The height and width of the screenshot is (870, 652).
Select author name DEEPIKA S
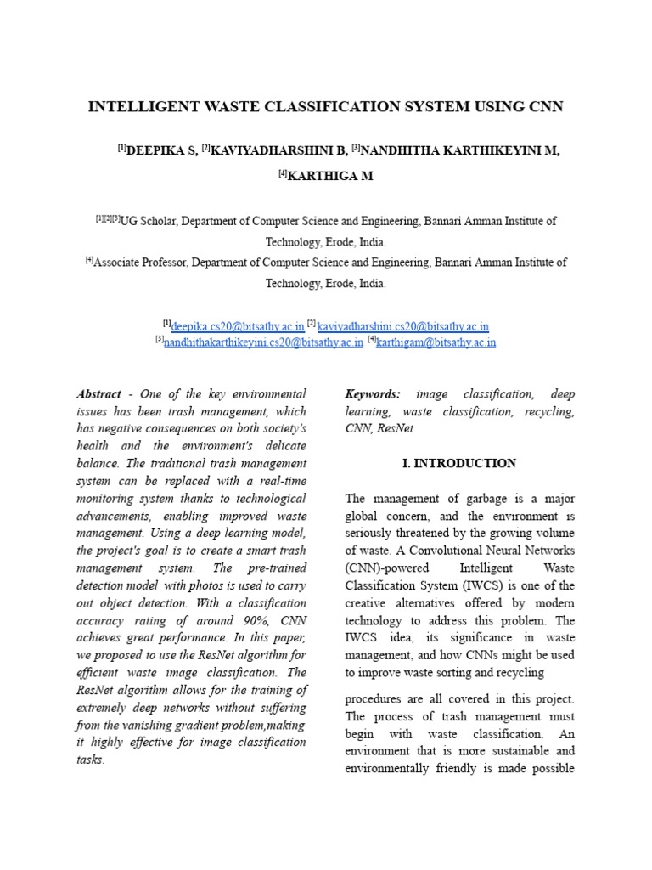tap(161, 150)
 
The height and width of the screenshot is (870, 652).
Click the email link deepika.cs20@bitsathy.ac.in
tap(238, 326)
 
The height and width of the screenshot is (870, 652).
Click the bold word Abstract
tap(98, 394)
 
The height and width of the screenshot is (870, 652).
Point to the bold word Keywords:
tap(372, 394)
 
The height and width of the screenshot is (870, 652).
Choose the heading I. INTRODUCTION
tap(458, 463)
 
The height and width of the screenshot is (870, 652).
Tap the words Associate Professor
tap(138, 263)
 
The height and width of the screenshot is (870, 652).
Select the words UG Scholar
tap(148, 221)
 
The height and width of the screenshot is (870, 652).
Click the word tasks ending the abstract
tap(90, 760)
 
